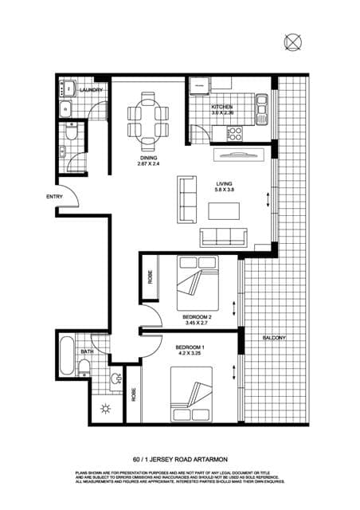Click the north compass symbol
292,41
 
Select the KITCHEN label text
221,106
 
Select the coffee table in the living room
224,211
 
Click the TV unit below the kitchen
236,155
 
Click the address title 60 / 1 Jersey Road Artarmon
179,459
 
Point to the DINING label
149,157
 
